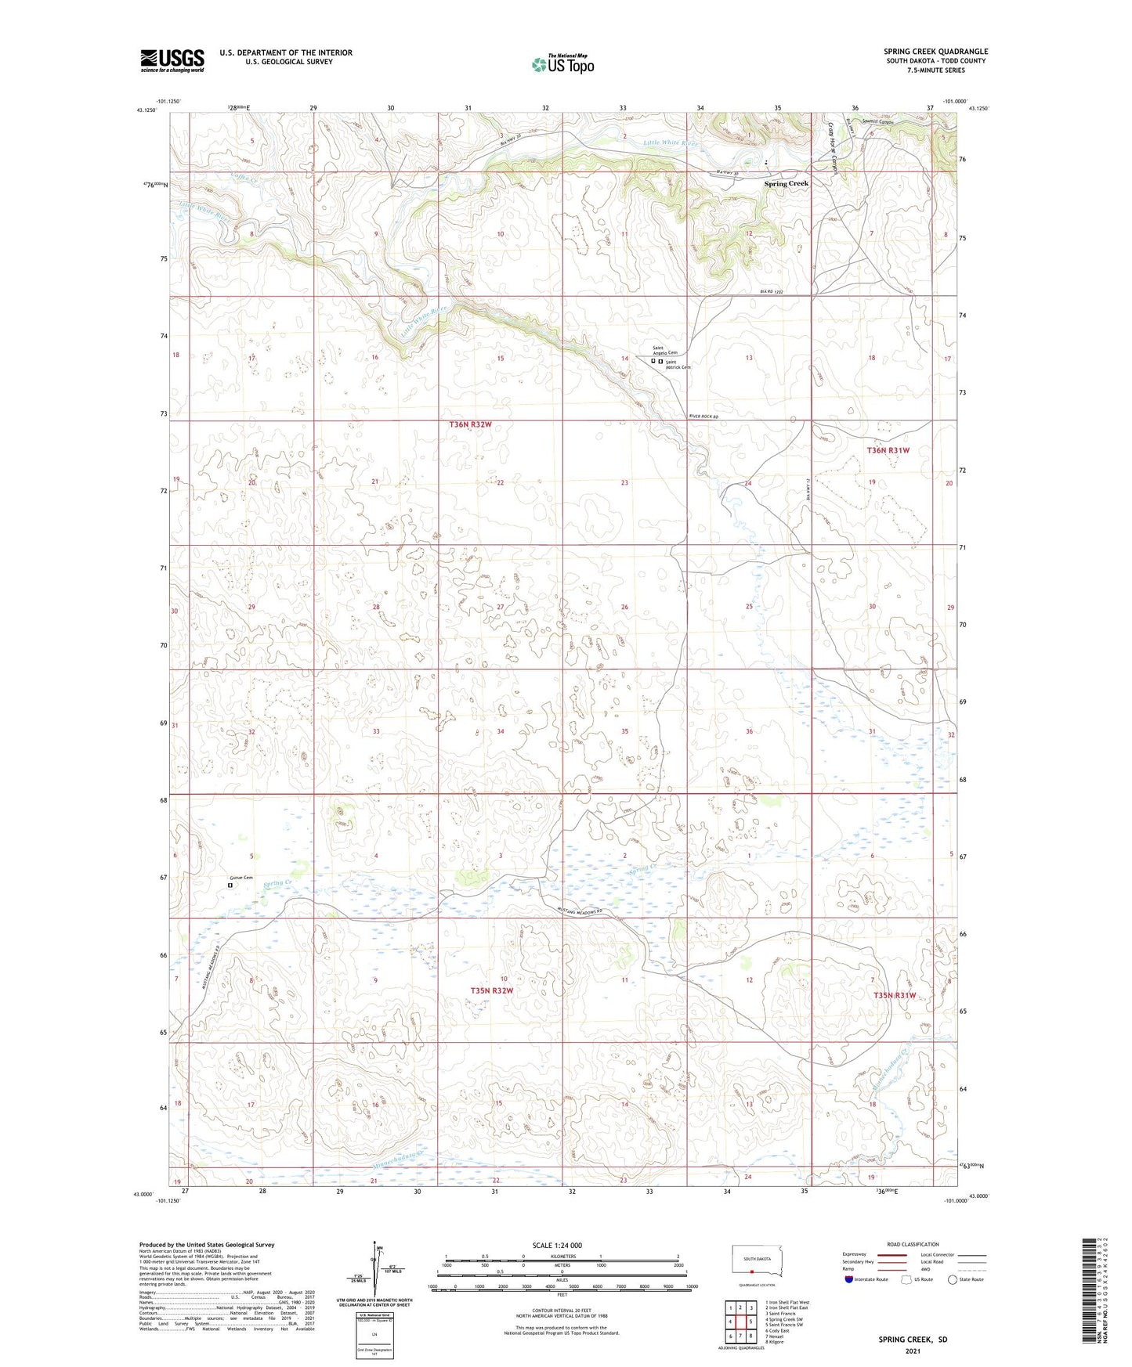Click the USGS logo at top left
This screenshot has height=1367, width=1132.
(x=172, y=60)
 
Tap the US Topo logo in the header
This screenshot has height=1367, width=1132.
(x=562, y=63)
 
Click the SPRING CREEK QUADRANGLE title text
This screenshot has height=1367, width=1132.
(x=935, y=52)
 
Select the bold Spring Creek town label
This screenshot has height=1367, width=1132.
(x=786, y=183)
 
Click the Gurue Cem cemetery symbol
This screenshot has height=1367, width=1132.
(x=230, y=885)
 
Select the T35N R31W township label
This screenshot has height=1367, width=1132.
(x=894, y=995)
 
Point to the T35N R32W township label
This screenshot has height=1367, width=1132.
(x=491, y=990)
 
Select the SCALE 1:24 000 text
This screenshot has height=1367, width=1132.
(x=557, y=1246)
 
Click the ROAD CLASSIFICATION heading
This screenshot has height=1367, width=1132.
(x=912, y=1244)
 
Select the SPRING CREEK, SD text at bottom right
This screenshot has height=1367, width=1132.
(x=912, y=1340)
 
